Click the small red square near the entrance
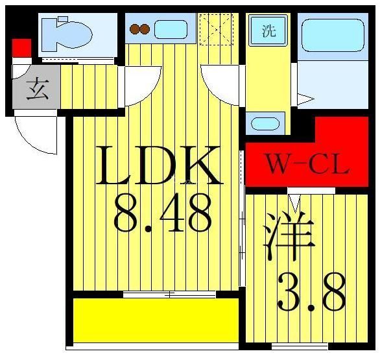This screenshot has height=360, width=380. [x=21, y=47]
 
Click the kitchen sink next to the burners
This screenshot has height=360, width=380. [x=170, y=29]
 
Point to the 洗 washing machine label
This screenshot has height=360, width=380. [x=268, y=30]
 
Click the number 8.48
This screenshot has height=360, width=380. [x=163, y=214]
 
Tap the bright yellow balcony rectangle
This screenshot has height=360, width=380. [x=153, y=320]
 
